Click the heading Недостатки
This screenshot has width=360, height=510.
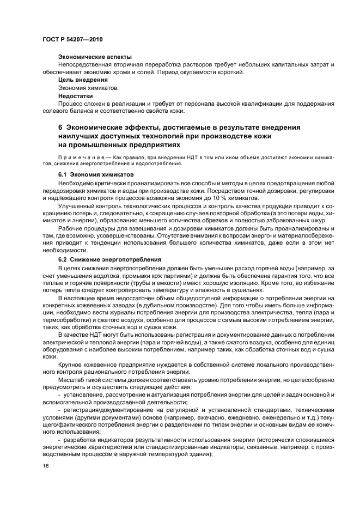73,95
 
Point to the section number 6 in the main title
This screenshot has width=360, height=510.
60,127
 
